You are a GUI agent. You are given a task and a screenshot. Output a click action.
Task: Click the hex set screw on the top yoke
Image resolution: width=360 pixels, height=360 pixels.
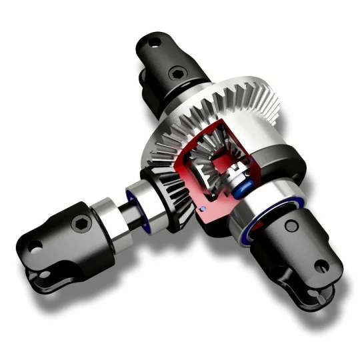click(x=177, y=73)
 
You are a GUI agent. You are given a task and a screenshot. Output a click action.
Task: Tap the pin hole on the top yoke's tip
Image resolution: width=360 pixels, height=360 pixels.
click(x=153, y=42)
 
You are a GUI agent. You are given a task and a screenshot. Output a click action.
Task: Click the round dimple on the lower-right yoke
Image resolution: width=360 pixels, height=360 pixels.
click(x=291, y=227)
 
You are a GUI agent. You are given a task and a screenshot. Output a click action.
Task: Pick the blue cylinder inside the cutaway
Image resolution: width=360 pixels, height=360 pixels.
click(x=245, y=184)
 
